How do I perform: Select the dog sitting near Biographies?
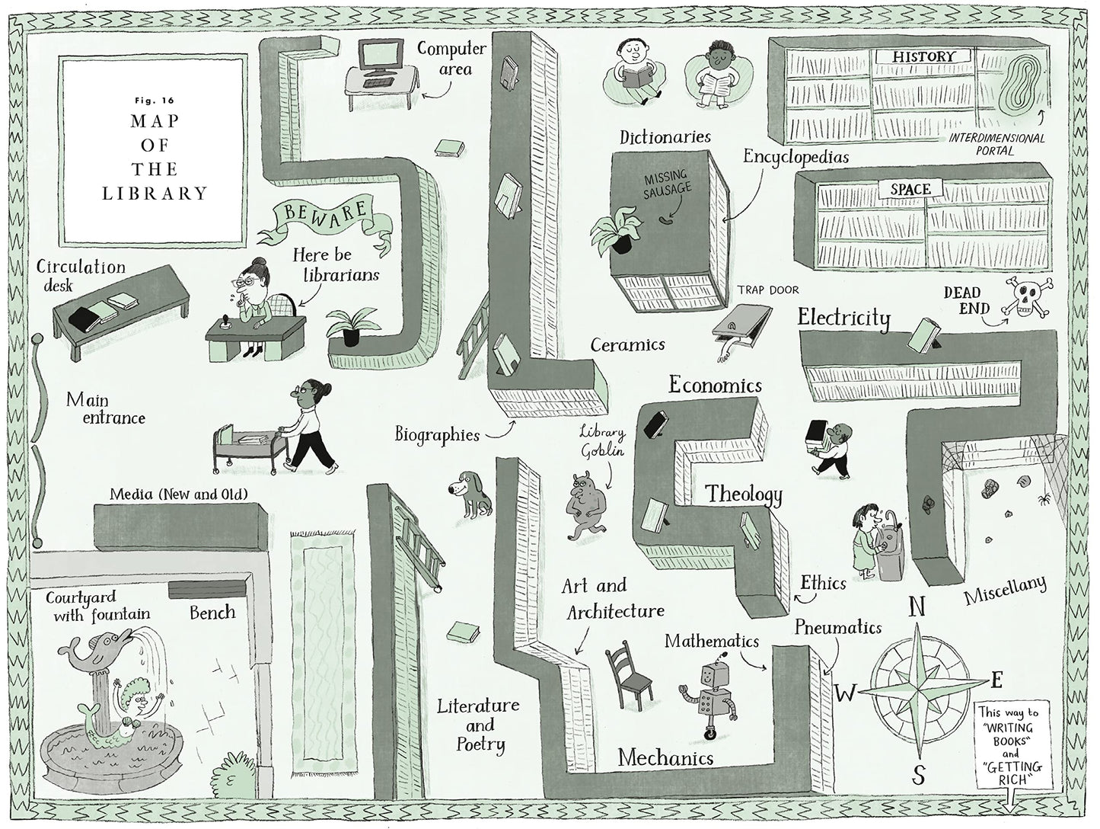(473, 495)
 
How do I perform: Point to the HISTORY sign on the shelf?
(923, 56)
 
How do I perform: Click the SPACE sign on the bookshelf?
(910, 189)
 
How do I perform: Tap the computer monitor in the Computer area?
(381, 53)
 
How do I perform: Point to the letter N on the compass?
(917, 607)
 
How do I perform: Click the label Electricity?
(843, 317)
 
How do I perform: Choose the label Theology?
(744, 495)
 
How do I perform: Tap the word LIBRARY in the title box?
(155, 193)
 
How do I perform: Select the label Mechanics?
(665, 757)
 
